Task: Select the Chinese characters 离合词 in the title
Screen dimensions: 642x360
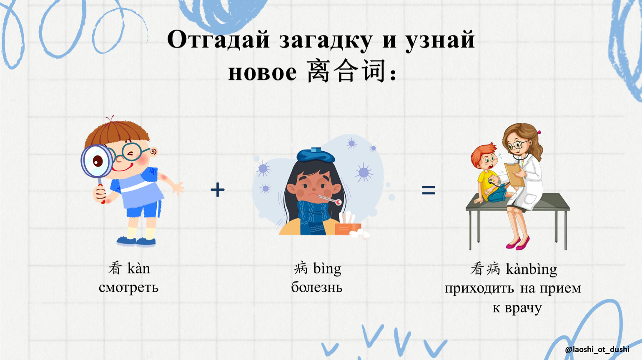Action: pyautogui.click(x=346, y=71)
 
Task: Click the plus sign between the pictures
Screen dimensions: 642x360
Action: pyautogui.click(x=218, y=190)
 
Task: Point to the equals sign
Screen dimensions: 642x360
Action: pyautogui.click(x=429, y=190)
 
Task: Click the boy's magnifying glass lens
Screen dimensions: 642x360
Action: pyautogui.click(x=97, y=161)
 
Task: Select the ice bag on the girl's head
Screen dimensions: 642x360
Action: pyautogui.click(x=316, y=155)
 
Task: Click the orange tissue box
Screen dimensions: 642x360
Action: pyautogui.click(x=348, y=229)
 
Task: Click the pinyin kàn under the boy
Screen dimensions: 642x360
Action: pyautogui.click(x=139, y=268)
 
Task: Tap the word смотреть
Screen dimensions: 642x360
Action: pyautogui.click(x=129, y=287)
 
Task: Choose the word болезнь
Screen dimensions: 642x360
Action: pyautogui.click(x=317, y=287)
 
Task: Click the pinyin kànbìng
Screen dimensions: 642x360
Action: pyautogui.click(x=532, y=270)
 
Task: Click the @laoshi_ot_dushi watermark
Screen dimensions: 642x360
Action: pyautogui.click(x=597, y=350)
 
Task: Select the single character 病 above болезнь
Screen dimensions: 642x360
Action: pyautogui.click(x=301, y=268)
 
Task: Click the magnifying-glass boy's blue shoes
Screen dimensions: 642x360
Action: pyautogui.click(x=136, y=241)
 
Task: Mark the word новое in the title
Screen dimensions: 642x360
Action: pyautogui.click(x=262, y=73)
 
